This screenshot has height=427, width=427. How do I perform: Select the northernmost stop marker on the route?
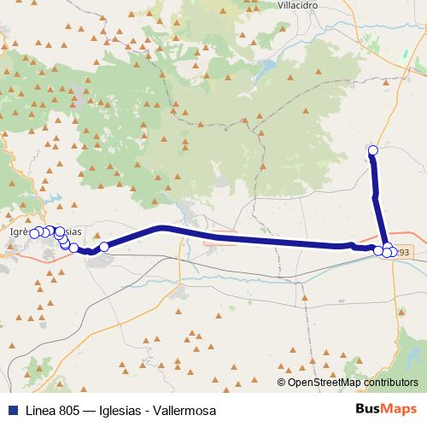click(372, 151)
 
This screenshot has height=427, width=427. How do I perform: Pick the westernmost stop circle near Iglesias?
click(35, 233)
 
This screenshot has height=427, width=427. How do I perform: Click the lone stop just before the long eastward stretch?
click(104, 247)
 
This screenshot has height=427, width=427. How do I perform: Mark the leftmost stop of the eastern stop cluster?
click(378, 249)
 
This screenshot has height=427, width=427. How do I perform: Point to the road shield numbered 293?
click(403, 253)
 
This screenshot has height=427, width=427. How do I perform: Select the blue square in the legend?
click(11, 411)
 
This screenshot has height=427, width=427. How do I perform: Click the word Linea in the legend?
click(41, 411)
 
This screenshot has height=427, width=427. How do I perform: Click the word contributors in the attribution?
click(394, 383)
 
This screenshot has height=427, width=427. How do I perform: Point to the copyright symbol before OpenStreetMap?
click(282, 383)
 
